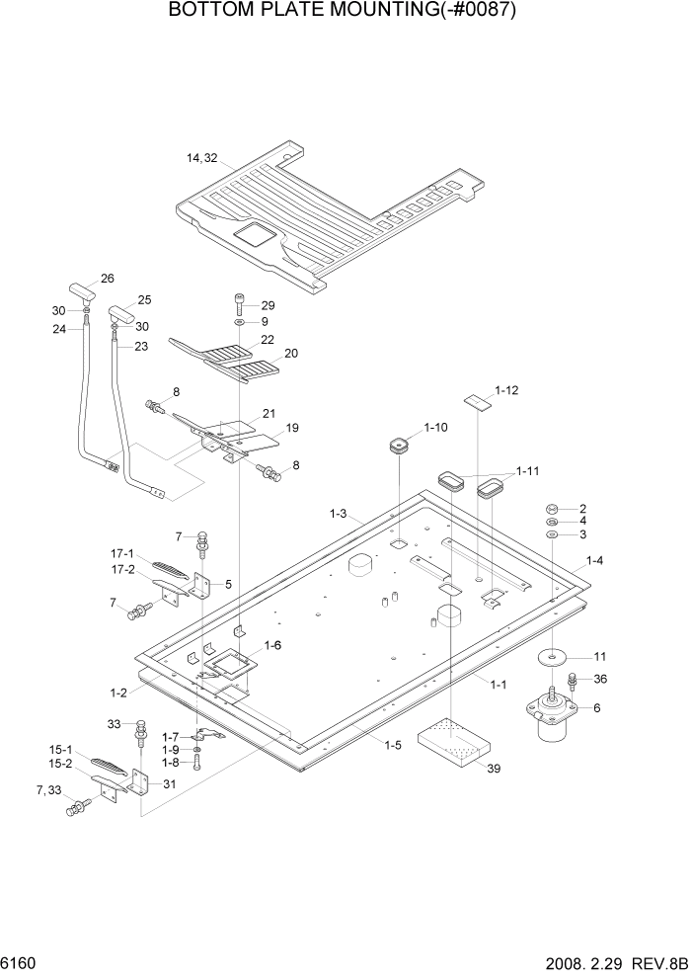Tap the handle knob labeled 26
tap(80, 290)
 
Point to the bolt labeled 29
tap(239, 302)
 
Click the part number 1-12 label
tap(506, 390)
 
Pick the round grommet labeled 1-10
tap(397, 447)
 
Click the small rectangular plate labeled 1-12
tap(479, 400)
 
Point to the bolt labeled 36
tap(573, 682)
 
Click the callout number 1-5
tap(392, 745)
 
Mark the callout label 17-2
tap(122, 569)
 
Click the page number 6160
tap(22, 961)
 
